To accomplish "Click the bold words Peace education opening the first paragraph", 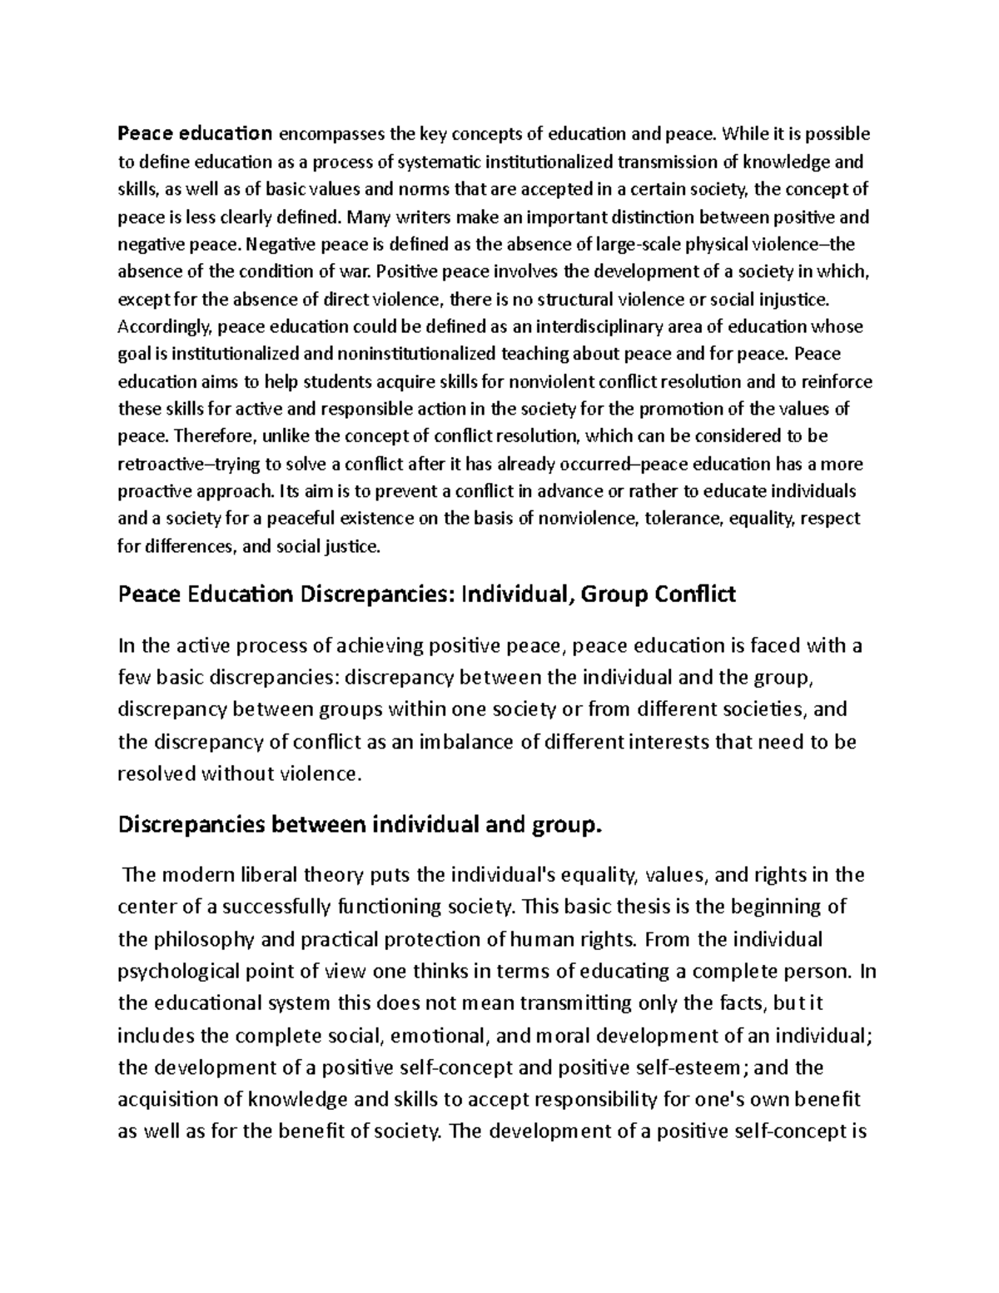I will click(196, 134).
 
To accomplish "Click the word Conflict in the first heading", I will click(696, 595).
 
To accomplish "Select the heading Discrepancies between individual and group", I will click(359, 825).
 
